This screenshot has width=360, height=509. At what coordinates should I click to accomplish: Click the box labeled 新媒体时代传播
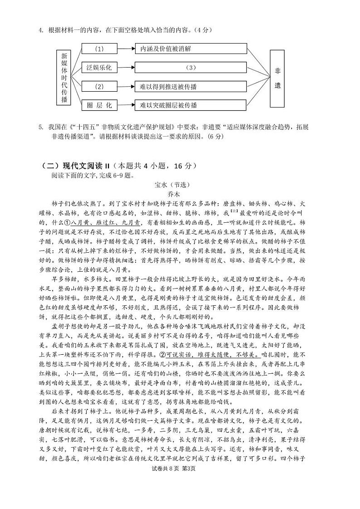tap(64, 78)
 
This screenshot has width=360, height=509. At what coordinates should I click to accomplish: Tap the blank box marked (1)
tap(99, 49)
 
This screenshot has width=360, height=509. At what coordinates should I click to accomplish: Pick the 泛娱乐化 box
tap(99, 68)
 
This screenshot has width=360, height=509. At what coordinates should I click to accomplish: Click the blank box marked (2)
tap(99, 86)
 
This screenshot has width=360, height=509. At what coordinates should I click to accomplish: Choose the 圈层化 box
tap(99, 105)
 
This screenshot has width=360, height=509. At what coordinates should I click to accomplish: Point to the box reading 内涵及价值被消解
tap(190, 49)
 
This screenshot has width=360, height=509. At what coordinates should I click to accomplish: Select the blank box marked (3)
tap(190, 68)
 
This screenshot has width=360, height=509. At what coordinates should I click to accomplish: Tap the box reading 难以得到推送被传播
tap(190, 86)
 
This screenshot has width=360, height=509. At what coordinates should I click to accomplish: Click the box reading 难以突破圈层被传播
tap(190, 105)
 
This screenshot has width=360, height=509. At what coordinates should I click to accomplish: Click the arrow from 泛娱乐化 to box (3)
tap(126, 68)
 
